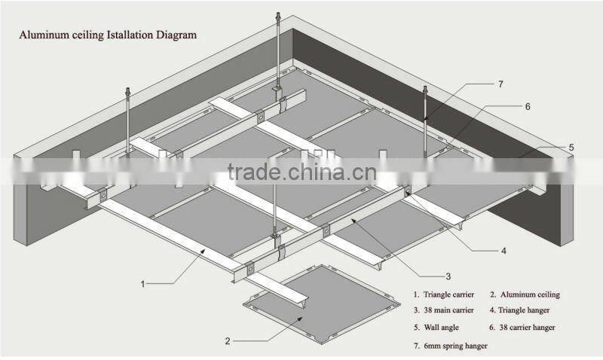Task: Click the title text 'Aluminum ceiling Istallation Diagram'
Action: point(108,35)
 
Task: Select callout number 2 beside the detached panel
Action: point(228,340)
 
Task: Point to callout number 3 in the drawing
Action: point(448,276)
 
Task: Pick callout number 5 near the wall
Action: point(571,148)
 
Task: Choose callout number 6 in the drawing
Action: point(528,107)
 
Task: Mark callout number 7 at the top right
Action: point(500,84)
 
